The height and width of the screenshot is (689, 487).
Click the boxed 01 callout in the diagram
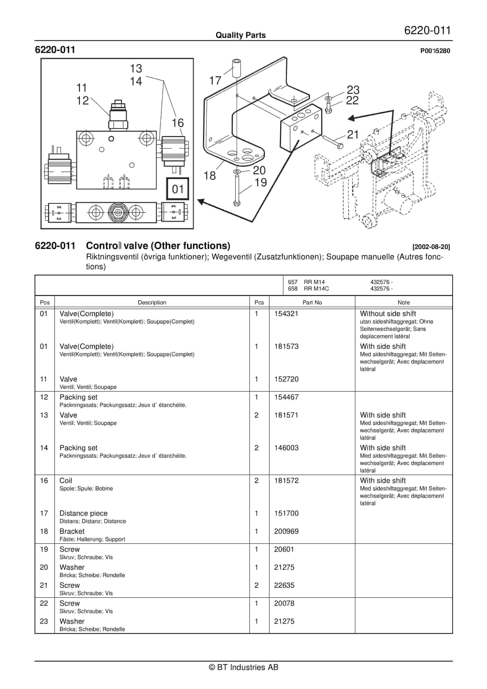click(178, 189)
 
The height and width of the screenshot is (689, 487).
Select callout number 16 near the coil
click(177, 123)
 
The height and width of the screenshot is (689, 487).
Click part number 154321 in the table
click(286, 314)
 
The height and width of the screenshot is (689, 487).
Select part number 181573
click(286, 346)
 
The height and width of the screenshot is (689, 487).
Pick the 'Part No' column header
click(312, 303)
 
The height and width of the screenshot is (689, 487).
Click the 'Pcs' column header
click(259, 303)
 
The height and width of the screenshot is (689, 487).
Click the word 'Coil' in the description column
click(66, 481)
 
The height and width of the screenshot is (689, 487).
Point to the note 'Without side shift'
click(388, 314)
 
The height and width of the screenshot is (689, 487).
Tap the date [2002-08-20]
click(431, 247)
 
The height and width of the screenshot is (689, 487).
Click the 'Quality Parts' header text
click(240, 35)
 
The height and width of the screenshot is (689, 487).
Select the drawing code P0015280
click(435, 51)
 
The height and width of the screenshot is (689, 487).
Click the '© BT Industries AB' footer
click(243, 667)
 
